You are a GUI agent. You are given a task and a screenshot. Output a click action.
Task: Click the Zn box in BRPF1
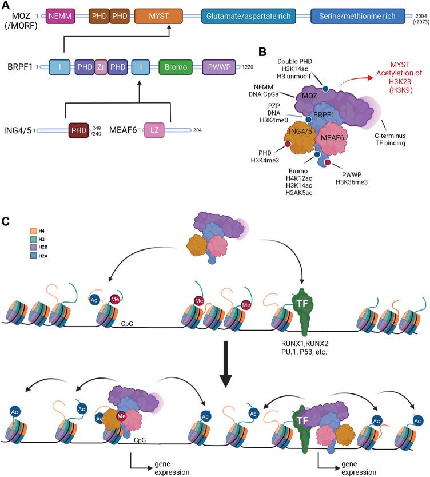(101, 67)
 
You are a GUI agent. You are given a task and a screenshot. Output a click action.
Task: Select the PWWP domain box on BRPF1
(220, 67)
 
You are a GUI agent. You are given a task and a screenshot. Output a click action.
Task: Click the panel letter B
(262, 52)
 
